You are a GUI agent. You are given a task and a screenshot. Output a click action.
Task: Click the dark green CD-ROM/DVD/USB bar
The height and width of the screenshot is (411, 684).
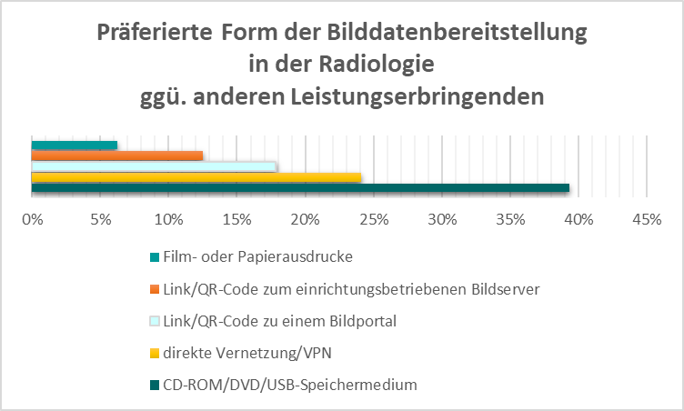coord(300,188)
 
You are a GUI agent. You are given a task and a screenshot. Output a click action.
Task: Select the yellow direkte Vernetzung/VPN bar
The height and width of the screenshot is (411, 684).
coord(196,177)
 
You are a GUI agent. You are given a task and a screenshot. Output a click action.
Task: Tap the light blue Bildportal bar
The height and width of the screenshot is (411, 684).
coord(155,166)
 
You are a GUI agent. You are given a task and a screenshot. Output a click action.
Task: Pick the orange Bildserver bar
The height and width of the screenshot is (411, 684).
coord(117,155)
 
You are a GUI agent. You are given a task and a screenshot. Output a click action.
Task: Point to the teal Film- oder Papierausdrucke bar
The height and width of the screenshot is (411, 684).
coord(75,145)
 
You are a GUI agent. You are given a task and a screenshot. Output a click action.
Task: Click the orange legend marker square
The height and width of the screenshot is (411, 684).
coord(155,289)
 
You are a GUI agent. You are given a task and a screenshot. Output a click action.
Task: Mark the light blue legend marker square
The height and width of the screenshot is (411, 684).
coord(155,321)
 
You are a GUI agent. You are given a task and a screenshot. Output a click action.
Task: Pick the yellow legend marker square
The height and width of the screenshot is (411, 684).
coord(155,353)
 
